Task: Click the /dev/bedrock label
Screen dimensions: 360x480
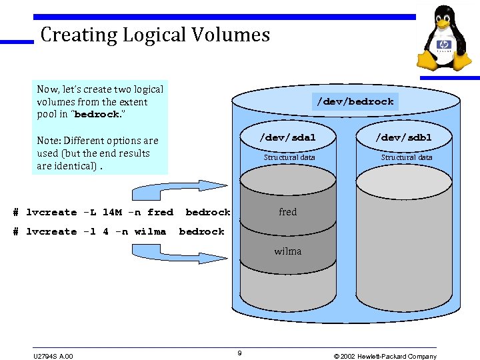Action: (x=355, y=102)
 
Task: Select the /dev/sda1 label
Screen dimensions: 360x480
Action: (x=288, y=137)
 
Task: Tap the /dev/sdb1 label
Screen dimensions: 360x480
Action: (x=403, y=137)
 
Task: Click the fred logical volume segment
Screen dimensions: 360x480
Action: (x=288, y=212)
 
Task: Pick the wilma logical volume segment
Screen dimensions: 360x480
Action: (x=288, y=251)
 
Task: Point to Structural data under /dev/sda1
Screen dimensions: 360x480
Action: (x=289, y=157)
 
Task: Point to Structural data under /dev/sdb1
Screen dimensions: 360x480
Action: (x=407, y=157)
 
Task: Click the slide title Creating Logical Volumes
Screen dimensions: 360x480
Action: (x=155, y=35)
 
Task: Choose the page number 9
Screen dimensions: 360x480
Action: (x=239, y=352)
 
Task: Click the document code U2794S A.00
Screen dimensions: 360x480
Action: (x=52, y=356)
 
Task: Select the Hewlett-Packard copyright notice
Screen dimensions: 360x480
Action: (x=385, y=356)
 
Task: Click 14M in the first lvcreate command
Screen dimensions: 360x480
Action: (x=113, y=213)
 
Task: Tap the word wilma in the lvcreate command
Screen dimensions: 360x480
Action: (x=150, y=232)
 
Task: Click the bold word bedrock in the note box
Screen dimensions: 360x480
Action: (x=97, y=115)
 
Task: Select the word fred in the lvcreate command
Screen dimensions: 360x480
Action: (x=160, y=213)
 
